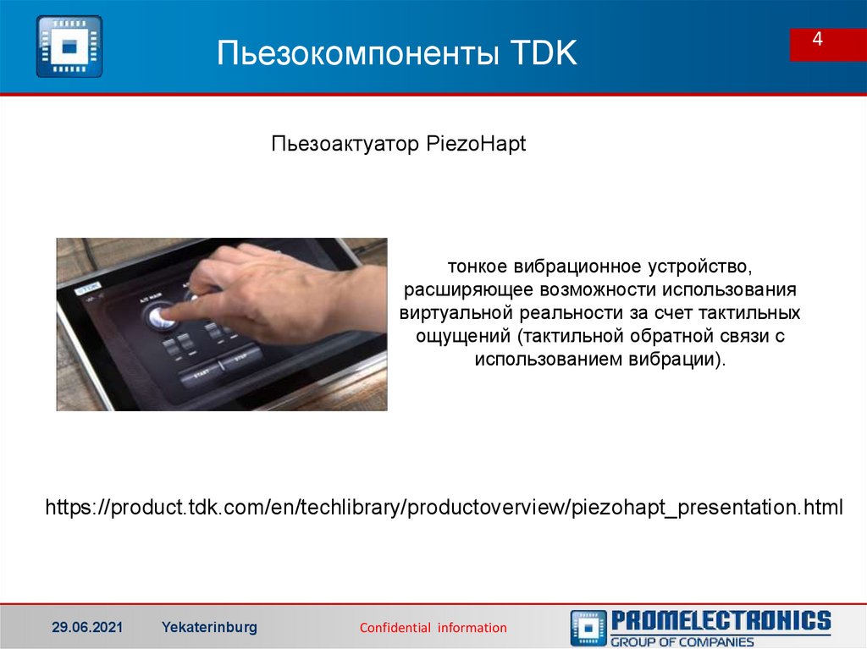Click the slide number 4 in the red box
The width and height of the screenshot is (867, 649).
818,41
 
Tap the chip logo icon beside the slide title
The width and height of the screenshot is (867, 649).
69,47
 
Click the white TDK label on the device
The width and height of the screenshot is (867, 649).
87,288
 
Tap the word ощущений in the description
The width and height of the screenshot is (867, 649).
464,336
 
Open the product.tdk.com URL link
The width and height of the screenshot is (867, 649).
444,508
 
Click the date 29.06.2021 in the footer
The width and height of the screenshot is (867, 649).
87,627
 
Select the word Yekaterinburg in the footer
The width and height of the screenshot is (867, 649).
209,627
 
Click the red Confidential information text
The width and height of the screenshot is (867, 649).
433,628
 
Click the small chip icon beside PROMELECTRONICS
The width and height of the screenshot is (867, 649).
588,628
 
